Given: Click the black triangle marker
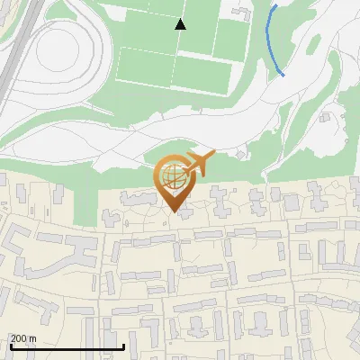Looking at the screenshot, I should click(181, 23).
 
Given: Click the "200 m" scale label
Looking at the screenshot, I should click(23, 338).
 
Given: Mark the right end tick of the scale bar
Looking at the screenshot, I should click(123, 346).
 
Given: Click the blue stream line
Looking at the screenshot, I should click(273, 40).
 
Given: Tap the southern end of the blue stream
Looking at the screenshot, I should click(284, 75).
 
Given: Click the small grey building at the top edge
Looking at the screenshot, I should click(241, 11).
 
